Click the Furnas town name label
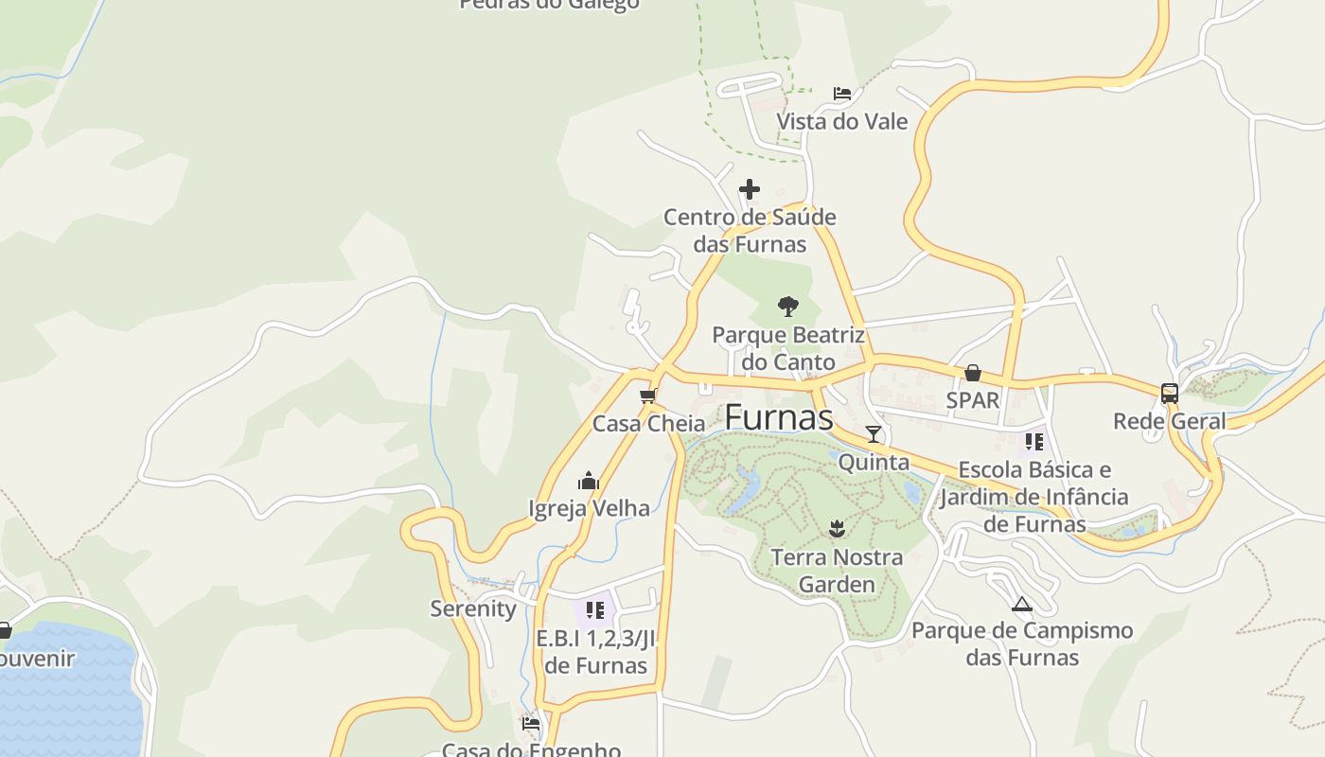(778, 417)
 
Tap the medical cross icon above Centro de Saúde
(750, 189)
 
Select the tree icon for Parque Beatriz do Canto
(787, 307)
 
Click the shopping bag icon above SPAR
(973, 373)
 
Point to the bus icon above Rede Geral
(1170, 393)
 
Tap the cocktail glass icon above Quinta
(874, 434)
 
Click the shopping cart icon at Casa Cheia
(648, 396)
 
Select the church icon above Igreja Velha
(589, 481)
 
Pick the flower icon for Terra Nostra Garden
(836, 528)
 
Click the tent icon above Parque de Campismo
(1021, 604)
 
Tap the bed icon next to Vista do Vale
(842, 94)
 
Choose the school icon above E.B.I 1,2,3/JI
(594, 609)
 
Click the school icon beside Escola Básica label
(1034, 442)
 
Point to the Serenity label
(473, 608)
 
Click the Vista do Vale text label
(841, 121)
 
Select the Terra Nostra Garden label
(837, 571)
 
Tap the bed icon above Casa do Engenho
(531, 724)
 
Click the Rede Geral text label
(1169, 421)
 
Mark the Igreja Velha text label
(589, 508)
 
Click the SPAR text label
(973, 400)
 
